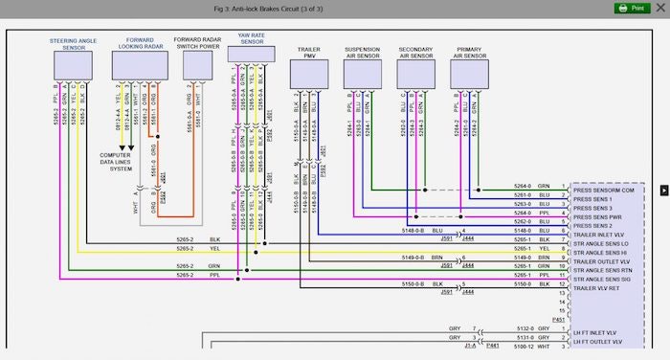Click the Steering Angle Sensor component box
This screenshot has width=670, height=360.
75,64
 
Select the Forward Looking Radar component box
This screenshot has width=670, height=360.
139,64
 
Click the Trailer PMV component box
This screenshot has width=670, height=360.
308,73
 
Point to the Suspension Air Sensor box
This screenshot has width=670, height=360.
362,73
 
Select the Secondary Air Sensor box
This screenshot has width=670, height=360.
415,73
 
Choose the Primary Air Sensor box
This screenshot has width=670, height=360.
470,73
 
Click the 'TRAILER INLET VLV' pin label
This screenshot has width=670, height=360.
600,234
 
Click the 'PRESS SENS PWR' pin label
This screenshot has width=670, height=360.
600,216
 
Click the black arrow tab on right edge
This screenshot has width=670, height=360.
663,191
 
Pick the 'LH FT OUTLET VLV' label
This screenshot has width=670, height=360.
600,341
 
